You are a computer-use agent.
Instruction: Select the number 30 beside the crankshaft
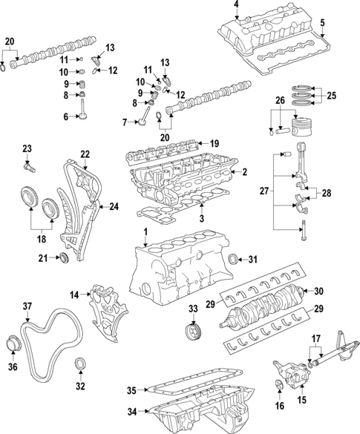click(x=319, y=291)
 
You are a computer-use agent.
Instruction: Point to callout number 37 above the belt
click(x=27, y=306)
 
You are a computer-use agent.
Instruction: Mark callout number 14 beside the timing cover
click(x=74, y=295)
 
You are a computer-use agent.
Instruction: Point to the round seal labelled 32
click(x=81, y=364)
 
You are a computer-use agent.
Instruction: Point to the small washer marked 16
click(x=278, y=384)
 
